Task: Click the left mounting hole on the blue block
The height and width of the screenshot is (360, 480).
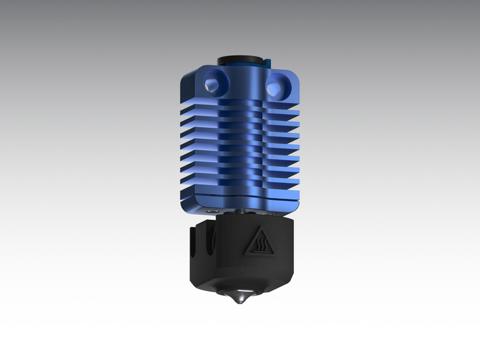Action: coord(213,83)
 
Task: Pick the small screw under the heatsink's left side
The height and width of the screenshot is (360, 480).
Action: coord(212,213)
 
